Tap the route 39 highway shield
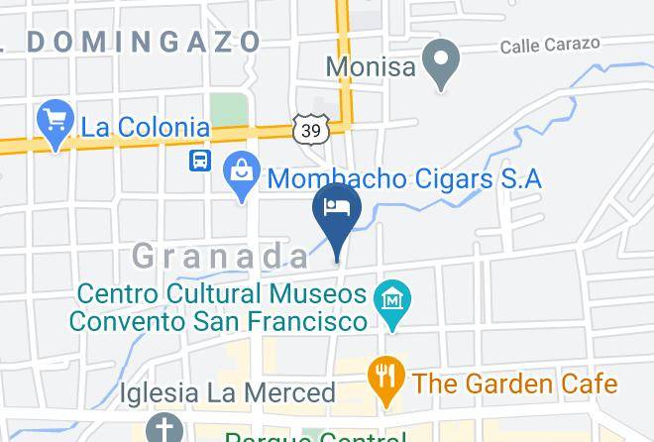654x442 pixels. (310, 129)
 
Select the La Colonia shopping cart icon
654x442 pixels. (55, 123)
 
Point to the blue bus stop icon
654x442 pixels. (201, 159)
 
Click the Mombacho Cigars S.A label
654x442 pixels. (405, 179)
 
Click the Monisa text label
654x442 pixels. (370, 66)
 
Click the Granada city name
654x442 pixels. (221, 256)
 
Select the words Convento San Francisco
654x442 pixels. (218, 321)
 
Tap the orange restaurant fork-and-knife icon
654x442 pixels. (387, 377)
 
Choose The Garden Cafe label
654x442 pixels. (514, 383)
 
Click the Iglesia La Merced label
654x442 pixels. (228, 392)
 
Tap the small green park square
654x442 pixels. (228, 110)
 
